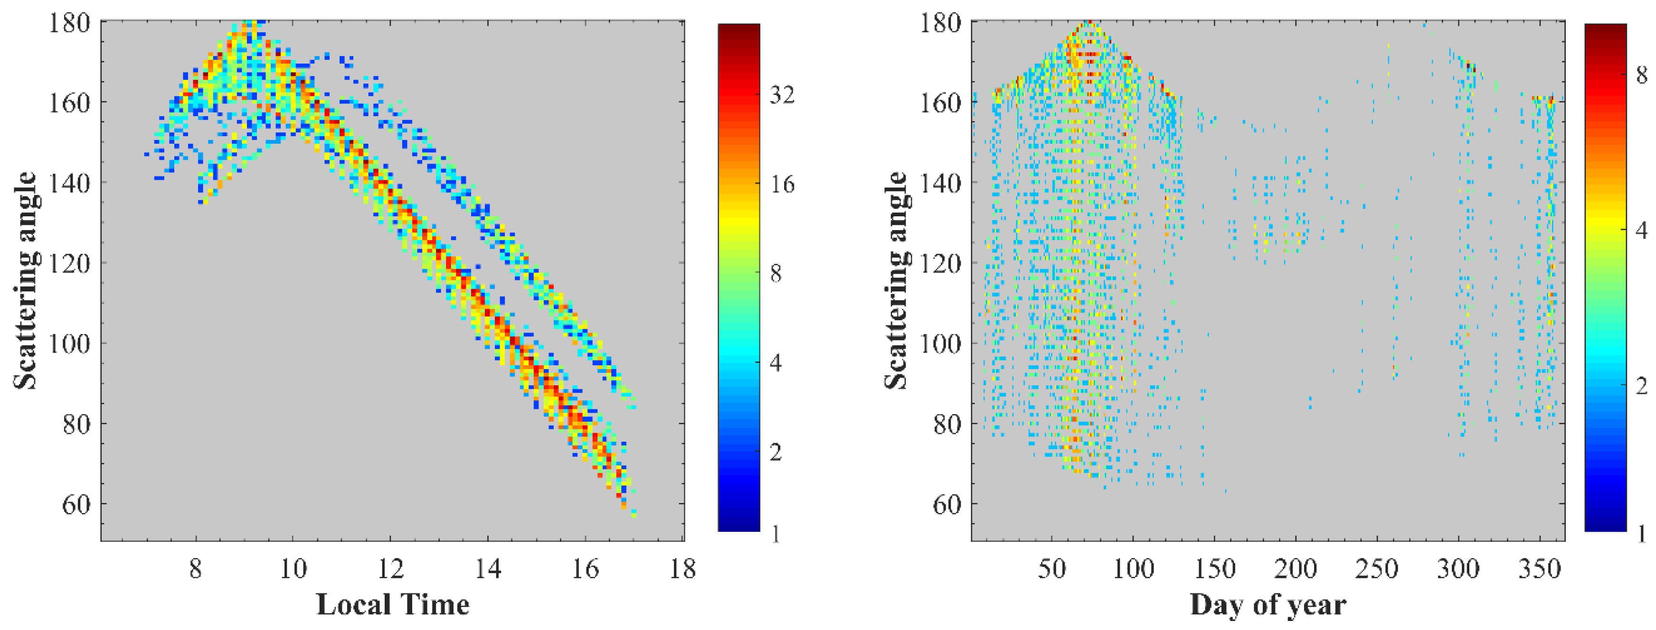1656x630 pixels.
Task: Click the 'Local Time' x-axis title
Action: click(393, 604)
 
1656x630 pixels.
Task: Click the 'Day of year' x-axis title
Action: click(1267, 604)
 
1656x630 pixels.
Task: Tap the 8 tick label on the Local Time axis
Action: click(196, 568)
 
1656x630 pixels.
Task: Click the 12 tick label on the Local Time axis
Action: click(390, 568)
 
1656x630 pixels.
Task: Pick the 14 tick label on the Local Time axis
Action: click(487, 568)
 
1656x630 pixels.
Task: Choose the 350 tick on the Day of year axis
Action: click(1539, 568)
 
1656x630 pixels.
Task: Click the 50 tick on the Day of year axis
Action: click(1052, 568)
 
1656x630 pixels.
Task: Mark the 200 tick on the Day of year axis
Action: click(1296, 568)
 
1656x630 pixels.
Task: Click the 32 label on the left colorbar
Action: click(782, 95)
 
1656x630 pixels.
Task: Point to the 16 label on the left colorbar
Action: click(782, 185)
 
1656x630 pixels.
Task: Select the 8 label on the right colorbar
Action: click(1641, 75)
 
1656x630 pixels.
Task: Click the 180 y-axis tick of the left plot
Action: click(69, 23)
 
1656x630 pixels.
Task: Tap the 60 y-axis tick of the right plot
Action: click(947, 504)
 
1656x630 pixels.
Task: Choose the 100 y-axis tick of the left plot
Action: click(69, 343)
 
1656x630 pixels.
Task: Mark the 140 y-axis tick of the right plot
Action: click(939, 184)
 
